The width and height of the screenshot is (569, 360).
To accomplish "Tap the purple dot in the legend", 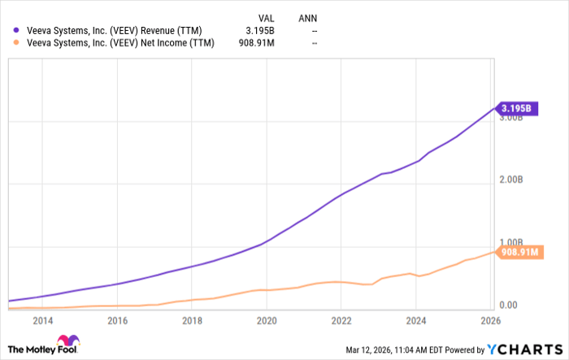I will coord(10,29).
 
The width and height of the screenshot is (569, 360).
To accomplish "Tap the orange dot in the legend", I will coord(10,43).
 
